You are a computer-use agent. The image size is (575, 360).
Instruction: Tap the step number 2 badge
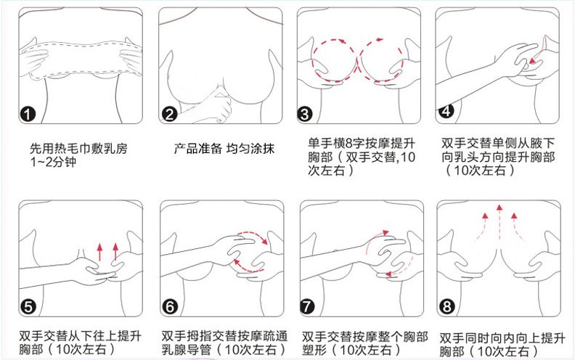(168, 115)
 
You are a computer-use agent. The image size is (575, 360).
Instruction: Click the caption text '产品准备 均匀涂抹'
(216, 149)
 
